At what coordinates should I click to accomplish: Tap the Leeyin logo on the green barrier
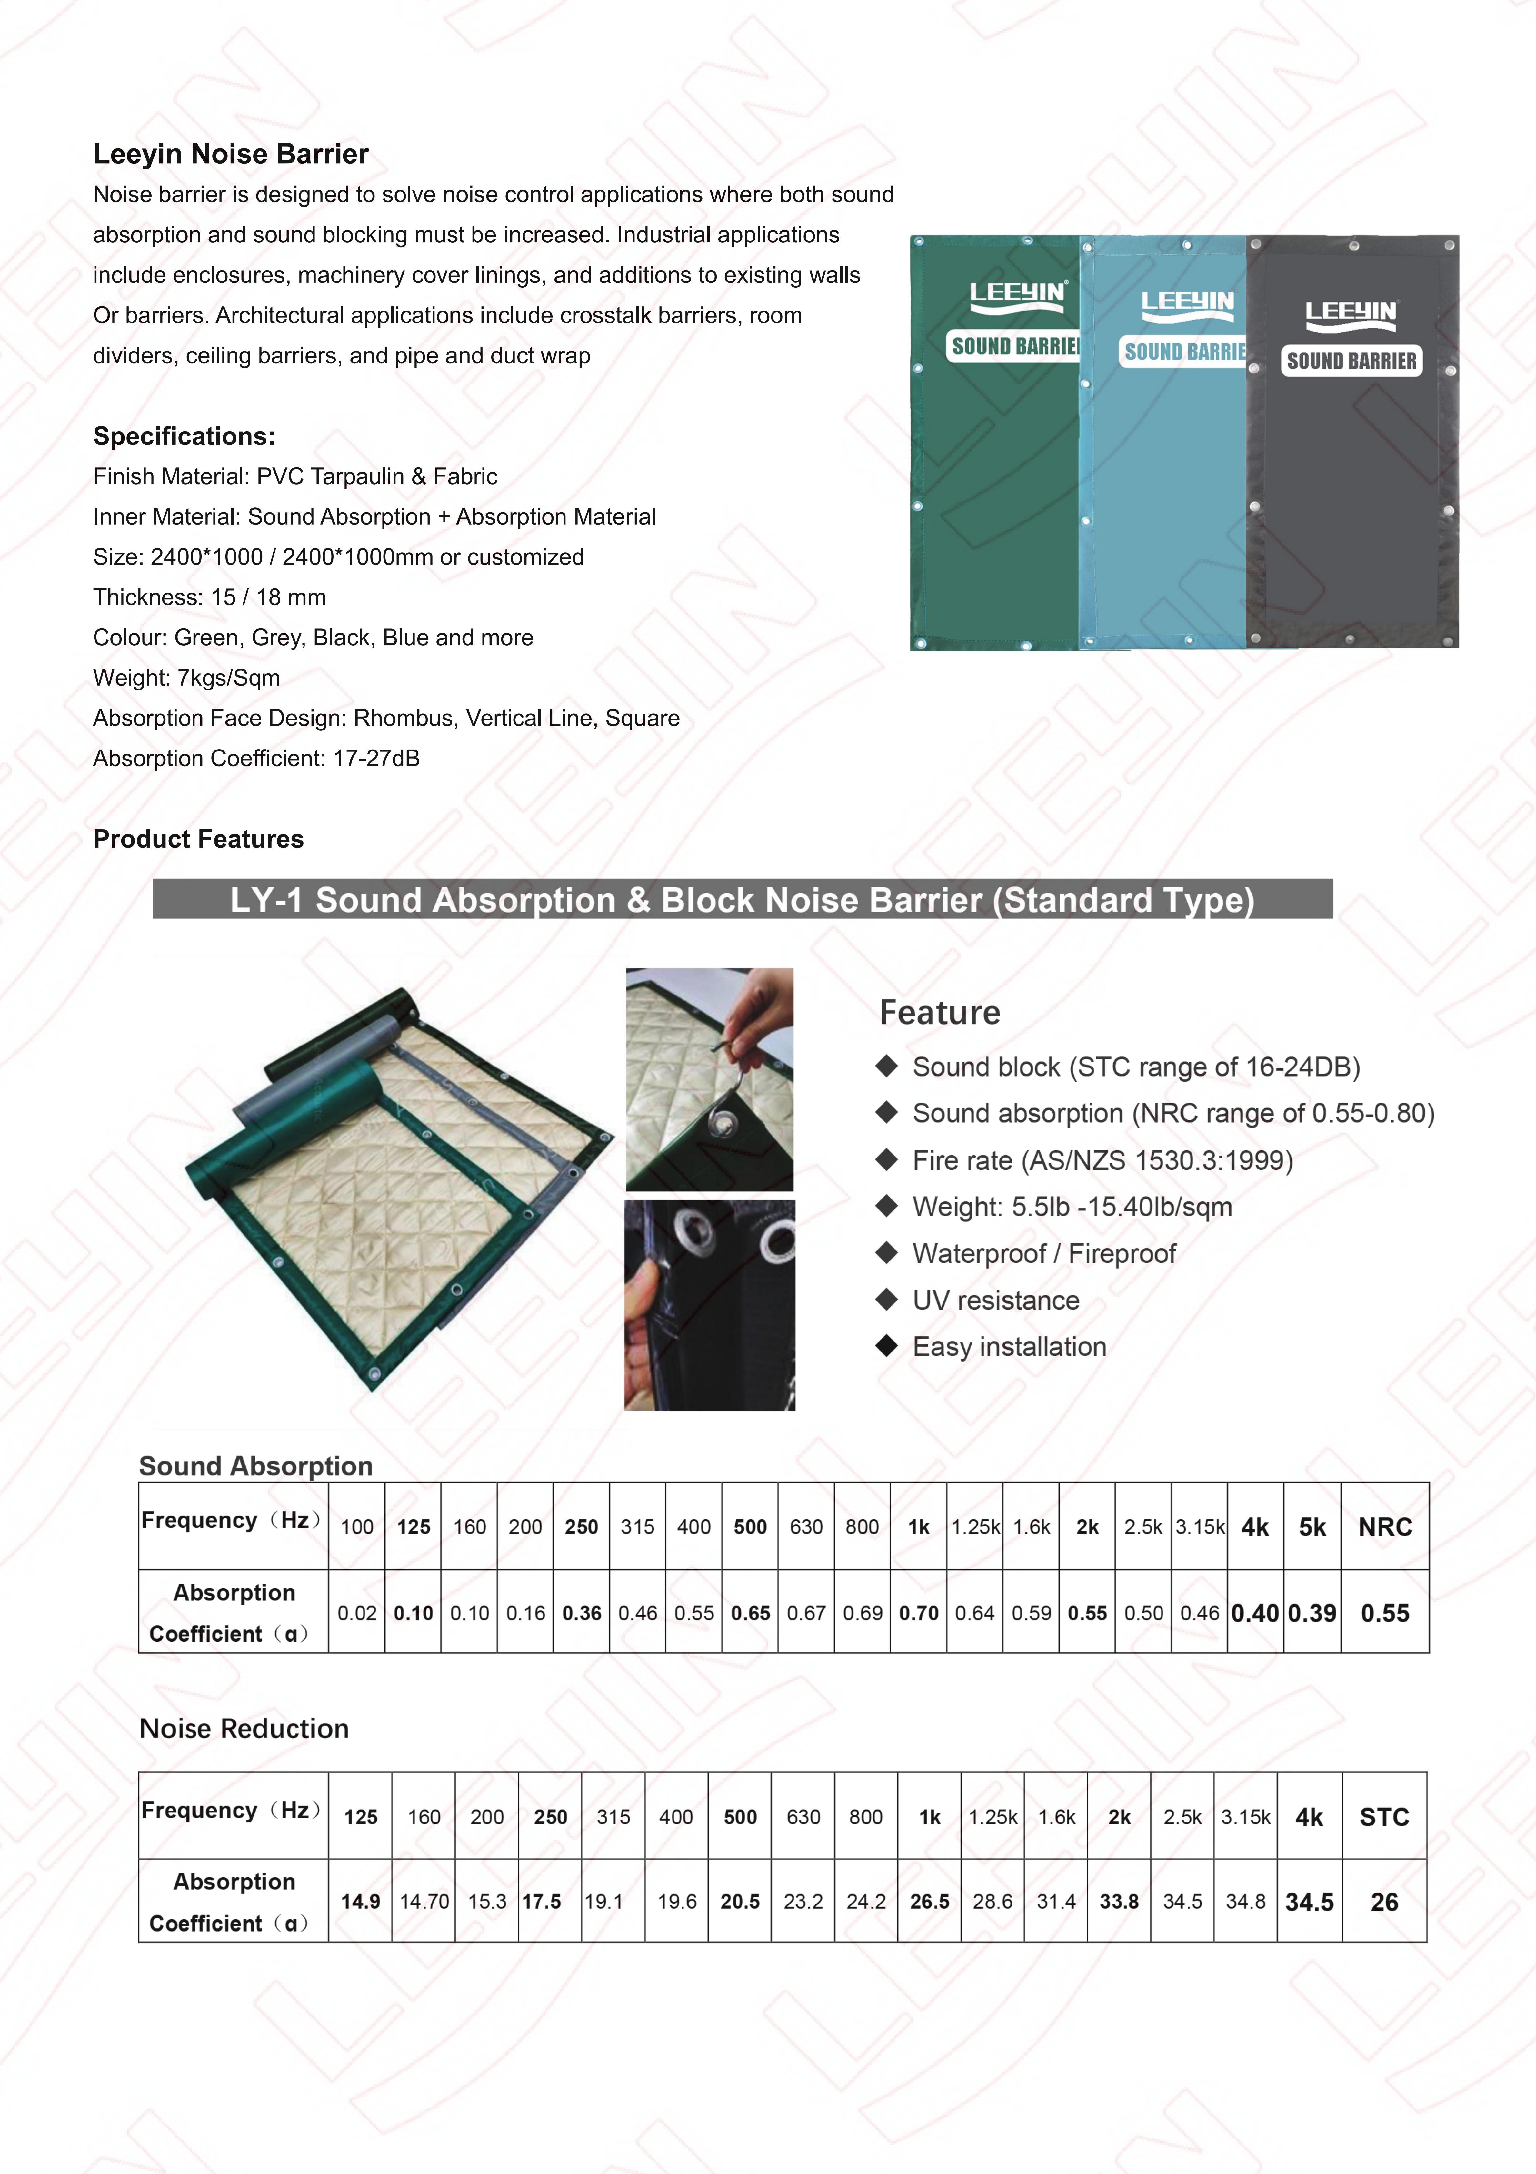coord(1017,293)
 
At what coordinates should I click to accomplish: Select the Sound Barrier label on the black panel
coord(1351,361)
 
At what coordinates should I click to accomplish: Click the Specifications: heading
coord(184,436)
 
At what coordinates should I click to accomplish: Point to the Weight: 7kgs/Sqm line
coord(186,678)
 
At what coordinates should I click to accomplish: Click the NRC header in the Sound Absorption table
coord(1385,1527)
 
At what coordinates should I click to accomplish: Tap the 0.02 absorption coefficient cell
coord(357,1613)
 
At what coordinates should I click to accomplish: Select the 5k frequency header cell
coord(1312,1527)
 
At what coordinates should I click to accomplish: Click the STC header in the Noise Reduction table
coord(1384,1817)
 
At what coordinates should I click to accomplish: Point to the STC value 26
coord(1384,1902)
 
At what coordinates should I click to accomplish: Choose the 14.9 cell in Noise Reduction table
coord(361,1902)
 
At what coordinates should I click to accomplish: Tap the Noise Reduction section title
coord(244,1729)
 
